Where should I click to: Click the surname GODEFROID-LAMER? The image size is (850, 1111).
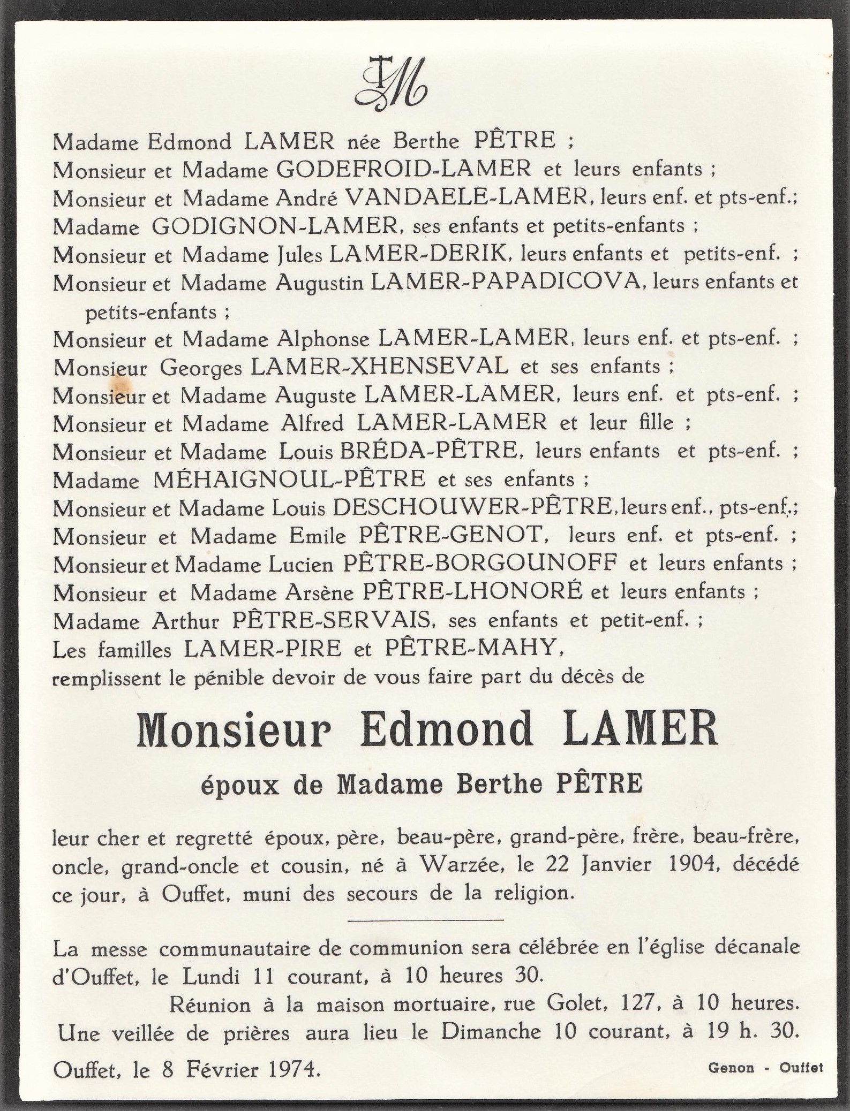coord(403,169)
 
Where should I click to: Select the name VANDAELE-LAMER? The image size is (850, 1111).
coord(465,198)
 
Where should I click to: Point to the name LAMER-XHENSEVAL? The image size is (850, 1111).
coord(380,367)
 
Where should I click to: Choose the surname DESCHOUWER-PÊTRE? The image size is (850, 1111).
coord(472,507)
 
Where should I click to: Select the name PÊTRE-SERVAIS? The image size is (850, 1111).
coord(333,620)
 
